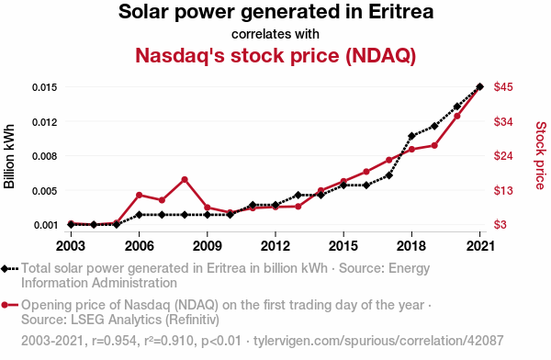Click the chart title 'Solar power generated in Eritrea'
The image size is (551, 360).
click(x=275, y=14)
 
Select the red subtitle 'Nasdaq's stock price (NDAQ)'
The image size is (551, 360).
click(x=275, y=55)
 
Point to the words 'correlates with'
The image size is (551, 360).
click(x=275, y=34)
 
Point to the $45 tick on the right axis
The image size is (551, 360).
click(x=503, y=87)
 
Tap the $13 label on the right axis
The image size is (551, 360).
click(x=503, y=191)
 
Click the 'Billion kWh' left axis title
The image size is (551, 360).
click(x=10, y=155)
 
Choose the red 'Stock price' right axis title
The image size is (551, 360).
click(x=540, y=155)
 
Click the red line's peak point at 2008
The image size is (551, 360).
click(x=185, y=179)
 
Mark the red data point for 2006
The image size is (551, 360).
click(x=139, y=195)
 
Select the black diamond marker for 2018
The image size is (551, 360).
click(x=411, y=136)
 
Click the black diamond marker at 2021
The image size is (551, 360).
click(x=480, y=87)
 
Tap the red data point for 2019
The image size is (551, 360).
click(x=434, y=145)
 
